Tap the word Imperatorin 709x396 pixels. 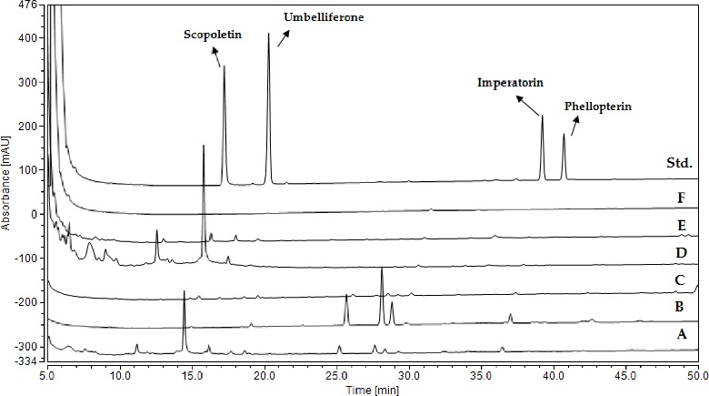(x=511, y=82)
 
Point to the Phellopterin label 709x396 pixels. (x=597, y=107)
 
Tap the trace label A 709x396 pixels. (x=680, y=334)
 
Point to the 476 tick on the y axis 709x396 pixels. (x=26, y=5)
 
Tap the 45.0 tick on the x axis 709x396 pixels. (x=625, y=373)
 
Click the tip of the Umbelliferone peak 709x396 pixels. (x=268, y=34)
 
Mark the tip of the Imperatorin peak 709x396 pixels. (x=542, y=116)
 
